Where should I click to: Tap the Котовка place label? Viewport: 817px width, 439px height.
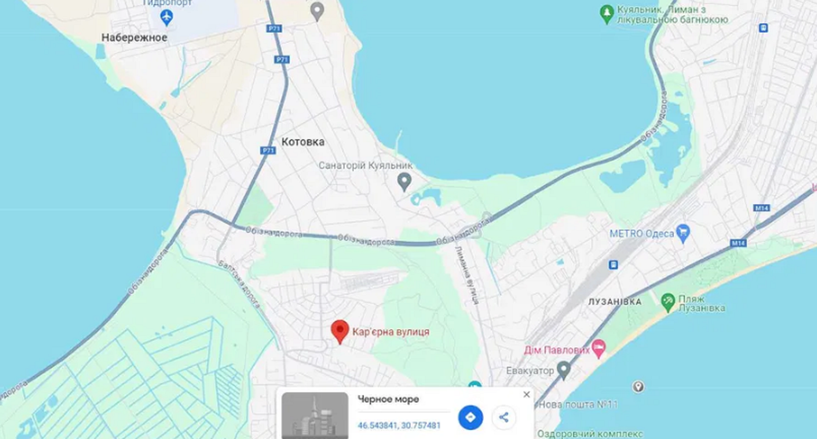pos(303,142)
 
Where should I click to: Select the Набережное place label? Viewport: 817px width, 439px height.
pos(134,38)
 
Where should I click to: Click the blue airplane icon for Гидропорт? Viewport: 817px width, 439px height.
pos(166,18)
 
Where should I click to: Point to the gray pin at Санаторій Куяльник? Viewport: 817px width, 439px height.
pos(404,181)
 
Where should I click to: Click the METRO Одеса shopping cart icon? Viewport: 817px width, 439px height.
pos(683,233)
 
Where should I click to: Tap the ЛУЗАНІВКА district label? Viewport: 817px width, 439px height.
pos(615,301)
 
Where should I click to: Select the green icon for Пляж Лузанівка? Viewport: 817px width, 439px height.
pos(668,302)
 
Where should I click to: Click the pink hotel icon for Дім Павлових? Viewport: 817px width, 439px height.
pos(599,349)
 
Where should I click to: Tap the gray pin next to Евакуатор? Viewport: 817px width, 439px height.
pos(563,369)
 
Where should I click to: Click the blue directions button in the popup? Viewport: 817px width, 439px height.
pos(470,417)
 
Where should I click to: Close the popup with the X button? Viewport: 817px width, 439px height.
pos(526,394)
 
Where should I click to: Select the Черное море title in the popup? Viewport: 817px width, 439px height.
pos(388,399)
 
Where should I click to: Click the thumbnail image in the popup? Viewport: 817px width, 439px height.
pos(315,415)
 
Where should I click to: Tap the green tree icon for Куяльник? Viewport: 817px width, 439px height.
pos(607,14)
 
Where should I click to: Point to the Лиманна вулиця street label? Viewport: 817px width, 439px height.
pos(466,275)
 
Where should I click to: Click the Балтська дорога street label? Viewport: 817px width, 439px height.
pos(239,284)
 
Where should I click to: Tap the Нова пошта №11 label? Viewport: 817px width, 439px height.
pos(578,404)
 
